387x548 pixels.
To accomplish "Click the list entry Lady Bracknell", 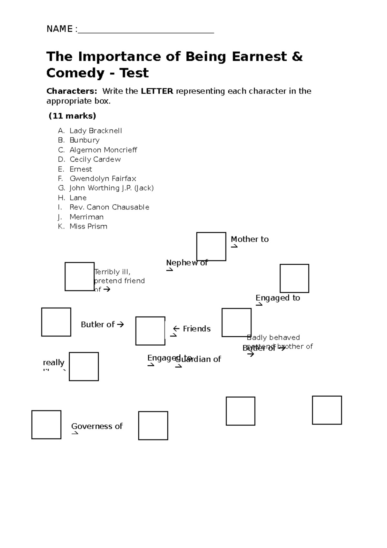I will tap(95, 131).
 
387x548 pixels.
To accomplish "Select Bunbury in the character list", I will tap(84, 140).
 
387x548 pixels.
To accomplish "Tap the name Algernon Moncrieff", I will tap(103, 150).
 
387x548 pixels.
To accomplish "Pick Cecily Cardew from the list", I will tap(95, 159).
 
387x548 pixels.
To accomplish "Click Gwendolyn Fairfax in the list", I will tap(103, 178).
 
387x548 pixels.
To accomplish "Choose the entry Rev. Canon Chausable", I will tap(109, 207).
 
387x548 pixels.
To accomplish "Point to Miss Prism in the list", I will tap(88, 226).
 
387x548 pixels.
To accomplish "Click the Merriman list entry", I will tap(86, 217).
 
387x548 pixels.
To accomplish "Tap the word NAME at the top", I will tap(60, 29).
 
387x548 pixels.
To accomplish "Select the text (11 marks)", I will tap(72, 116).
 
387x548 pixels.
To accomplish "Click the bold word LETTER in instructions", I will tap(157, 91).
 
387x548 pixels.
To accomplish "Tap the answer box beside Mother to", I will tap(211, 246).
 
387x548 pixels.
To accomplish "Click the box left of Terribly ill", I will tap(79, 277).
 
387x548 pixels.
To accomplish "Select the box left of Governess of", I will tap(46, 425).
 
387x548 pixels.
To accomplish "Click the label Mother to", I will tap(250, 239).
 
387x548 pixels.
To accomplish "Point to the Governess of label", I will tap(97, 426).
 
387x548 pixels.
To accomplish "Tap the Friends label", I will tap(196, 329).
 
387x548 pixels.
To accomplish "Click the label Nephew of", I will tap(187, 263).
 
